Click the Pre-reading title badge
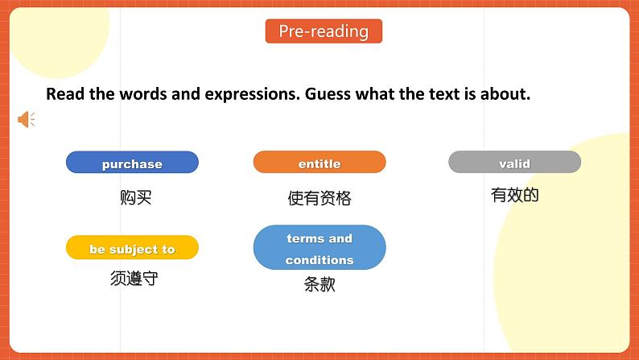click(324, 31)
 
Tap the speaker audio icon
click(27, 120)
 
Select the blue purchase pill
click(132, 163)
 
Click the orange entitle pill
click(319, 163)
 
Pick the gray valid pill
click(514, 163)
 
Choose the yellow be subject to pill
click(132, 249)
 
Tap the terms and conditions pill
click(319, 248)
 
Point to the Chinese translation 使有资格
click(319, 198)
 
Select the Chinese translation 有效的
click(514, 195)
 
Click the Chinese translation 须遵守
click(134, 279)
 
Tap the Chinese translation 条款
click(319, 284)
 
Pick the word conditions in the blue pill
click(319, 260)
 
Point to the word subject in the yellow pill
click(134, 250)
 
